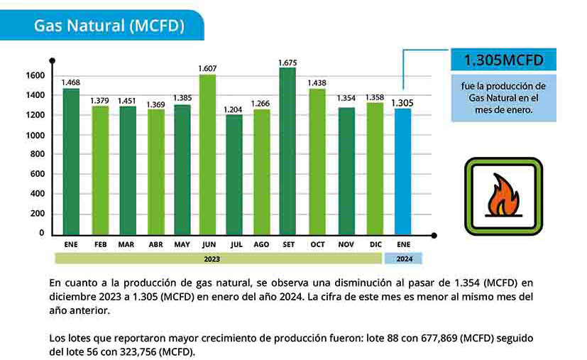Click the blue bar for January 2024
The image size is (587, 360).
[403, 172]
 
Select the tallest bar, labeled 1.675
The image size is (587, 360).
[287, 151]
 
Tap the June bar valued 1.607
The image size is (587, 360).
[207, 155]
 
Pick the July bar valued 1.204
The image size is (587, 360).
[234, 175]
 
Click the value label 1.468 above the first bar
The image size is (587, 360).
[71, 82]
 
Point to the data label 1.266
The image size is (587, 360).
[260, 104]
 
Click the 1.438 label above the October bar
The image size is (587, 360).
[317, 83]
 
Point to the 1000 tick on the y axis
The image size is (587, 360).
[35, 135]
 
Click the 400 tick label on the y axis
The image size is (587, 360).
[38, 194]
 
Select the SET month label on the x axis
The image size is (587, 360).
[289, 244]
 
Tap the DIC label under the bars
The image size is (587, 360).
[375, 244]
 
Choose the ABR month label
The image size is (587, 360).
[155, 244]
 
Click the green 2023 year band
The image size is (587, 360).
[218, 258]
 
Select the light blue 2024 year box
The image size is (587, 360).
[403, 258]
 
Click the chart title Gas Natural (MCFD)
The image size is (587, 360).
[109, 26]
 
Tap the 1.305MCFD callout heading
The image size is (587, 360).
[503, 60]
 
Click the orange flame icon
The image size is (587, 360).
[503, 195]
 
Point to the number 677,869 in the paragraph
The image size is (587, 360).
[439, 338]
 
